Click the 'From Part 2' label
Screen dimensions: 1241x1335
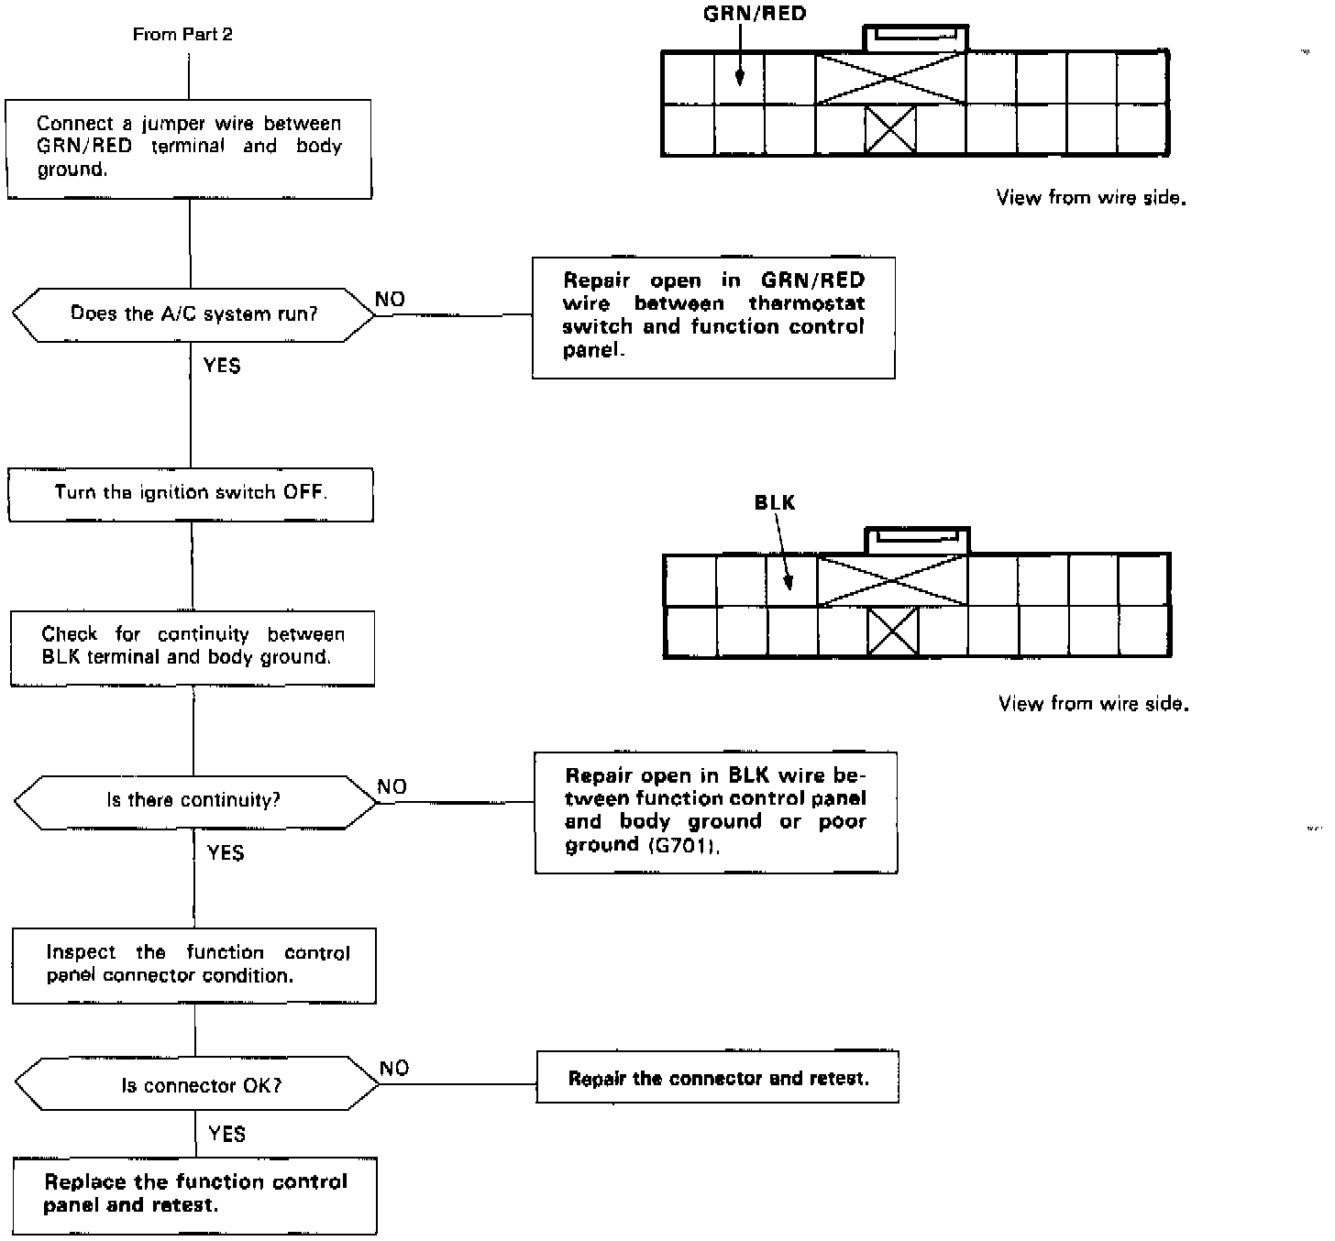[182, 35]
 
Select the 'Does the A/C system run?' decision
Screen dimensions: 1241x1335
[193, 314]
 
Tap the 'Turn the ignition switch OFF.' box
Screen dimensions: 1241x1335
[191, 493]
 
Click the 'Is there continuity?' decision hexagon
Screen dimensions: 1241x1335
[194, 801]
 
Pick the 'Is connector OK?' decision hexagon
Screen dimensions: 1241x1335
[197, 1086]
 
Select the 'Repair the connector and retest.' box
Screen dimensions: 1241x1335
[717, 1078]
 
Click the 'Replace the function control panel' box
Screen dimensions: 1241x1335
[194, 1194]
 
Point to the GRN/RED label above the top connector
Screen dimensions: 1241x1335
[755, 14]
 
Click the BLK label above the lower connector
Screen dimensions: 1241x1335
[775, 502]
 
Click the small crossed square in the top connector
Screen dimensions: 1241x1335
[890, 129]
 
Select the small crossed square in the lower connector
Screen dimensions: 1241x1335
[892, 632]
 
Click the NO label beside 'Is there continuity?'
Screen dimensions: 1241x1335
[392, 787]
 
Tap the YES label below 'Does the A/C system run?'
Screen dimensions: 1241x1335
[222, 366]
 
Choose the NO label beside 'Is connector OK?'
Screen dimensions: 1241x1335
[393, 1068]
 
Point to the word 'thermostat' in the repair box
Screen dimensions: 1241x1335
[807, 303]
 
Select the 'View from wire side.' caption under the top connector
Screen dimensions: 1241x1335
[1091, 197]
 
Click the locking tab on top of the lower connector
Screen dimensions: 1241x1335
[917, 539]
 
